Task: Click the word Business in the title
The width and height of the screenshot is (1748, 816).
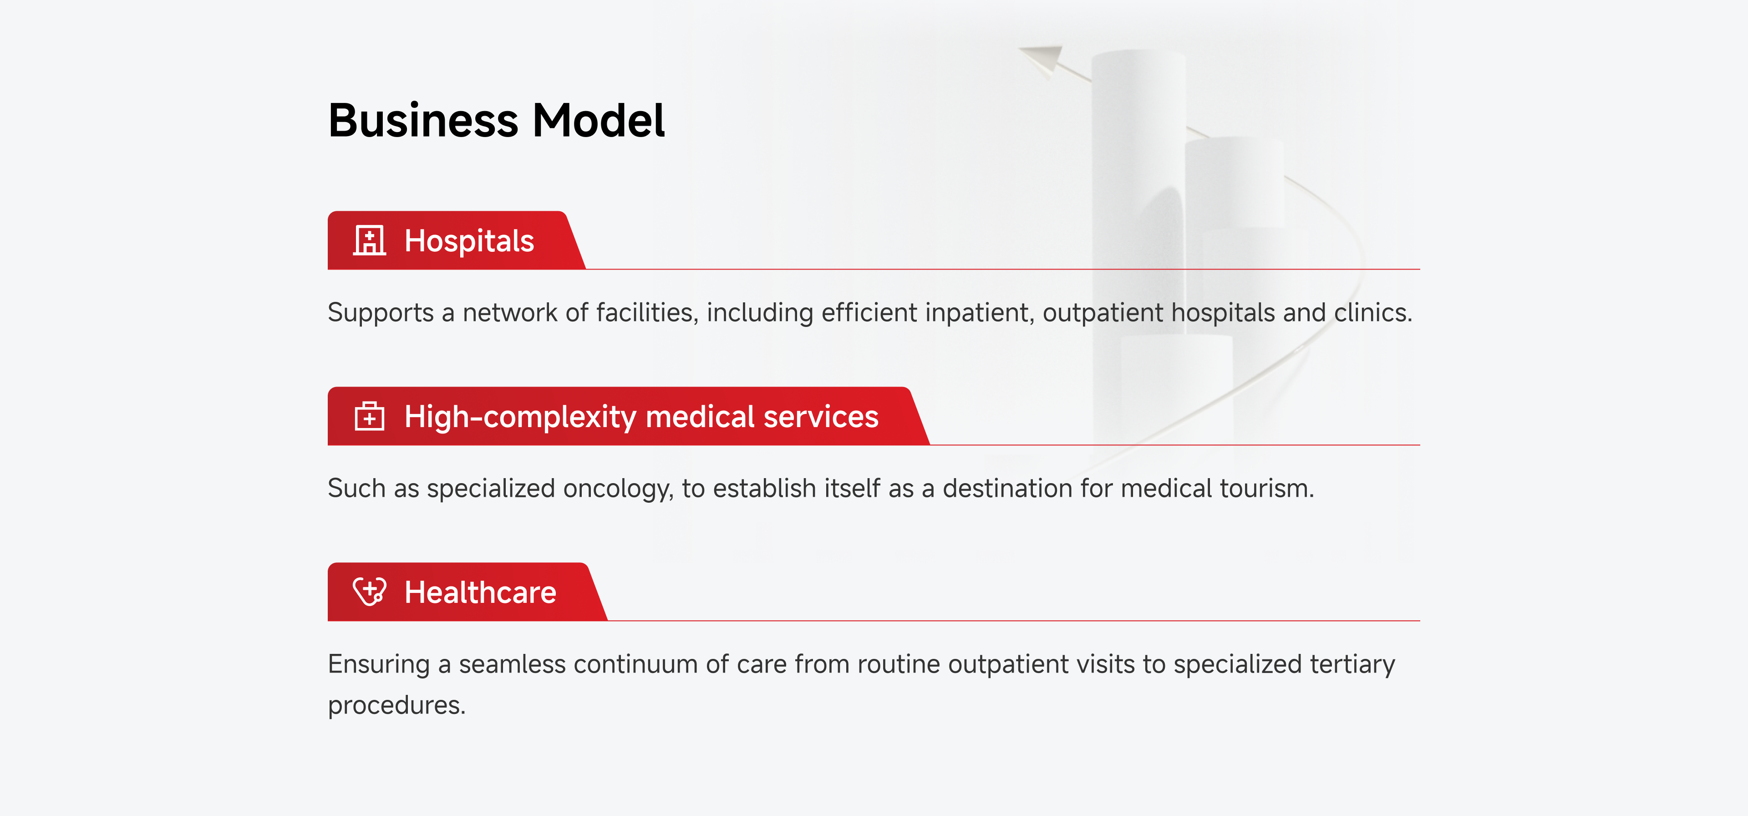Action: click(x=423, y=120)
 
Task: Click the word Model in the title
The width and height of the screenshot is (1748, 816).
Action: click(x=599, y=120)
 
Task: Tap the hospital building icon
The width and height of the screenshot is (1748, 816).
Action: click(x=369, y=240)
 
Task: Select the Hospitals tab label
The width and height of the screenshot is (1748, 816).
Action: click(x=469, y=241)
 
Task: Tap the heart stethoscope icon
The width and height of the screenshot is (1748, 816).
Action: click(x=370, y=592)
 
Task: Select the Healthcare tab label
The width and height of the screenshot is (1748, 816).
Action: click(x=480, y=592)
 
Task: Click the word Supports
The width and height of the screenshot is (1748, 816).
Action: click(x=381, y=313)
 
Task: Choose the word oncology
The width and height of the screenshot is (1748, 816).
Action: click(x=618, y=489)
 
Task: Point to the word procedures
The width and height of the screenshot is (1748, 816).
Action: click(x=396, y=706)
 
